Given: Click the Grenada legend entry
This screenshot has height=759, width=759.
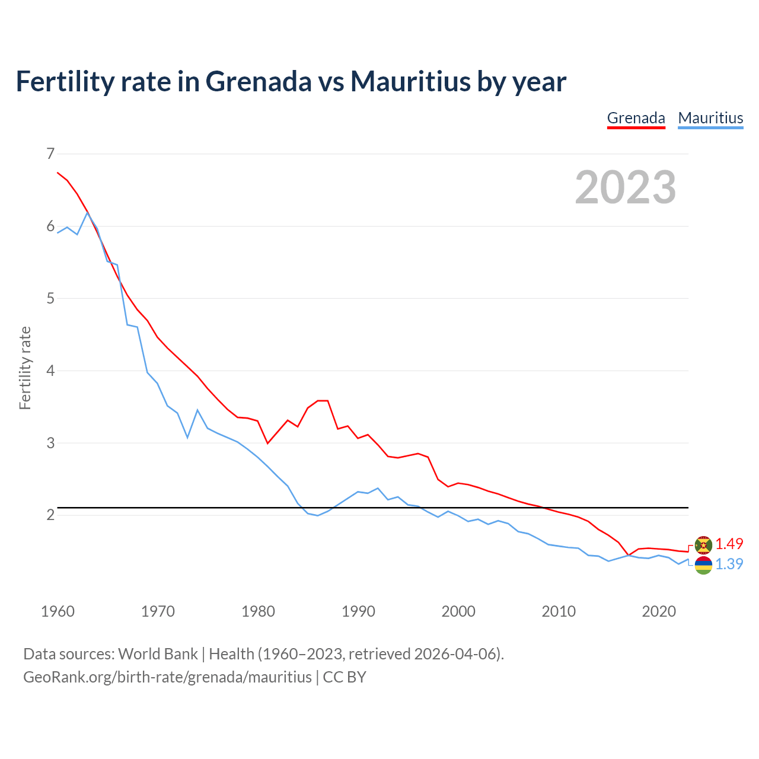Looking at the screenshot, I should click(x=636, y=118).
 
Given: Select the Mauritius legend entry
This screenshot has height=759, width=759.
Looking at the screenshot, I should click(x=710, y=118).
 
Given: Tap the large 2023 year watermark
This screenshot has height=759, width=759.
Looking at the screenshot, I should click(x=625, y=187).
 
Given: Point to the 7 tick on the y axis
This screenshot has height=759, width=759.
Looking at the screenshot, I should click(x=50, y=154).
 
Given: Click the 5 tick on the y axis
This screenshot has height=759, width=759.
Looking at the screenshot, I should click(x=50, y=298).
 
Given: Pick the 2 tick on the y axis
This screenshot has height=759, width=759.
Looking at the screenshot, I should click(x=50, y=515).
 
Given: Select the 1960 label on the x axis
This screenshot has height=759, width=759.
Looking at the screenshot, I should click(x=58, y=611).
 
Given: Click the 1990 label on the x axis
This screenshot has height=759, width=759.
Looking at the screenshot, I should click(x=358, y=611).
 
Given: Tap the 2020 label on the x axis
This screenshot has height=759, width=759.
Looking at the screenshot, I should click(x=659, y=611).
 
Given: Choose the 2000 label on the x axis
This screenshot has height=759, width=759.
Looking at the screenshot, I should click(x=458, y=611).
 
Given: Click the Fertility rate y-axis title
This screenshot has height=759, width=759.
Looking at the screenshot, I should click(x=25, y=368).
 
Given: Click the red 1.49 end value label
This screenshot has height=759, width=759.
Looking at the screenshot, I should click(x=729, y=544).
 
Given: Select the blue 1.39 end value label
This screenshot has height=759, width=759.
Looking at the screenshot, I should click(x=729, y=564).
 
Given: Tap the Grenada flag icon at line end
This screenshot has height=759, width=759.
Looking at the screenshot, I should click(x=703, y=544).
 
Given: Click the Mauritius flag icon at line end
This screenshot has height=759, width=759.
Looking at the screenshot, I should click(x=703, y=565).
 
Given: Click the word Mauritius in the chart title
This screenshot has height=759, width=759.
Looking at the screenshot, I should click(x=410, y=81).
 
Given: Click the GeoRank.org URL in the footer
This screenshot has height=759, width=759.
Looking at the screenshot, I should click(x=167, y=677).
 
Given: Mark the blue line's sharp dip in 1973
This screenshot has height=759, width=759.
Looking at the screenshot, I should click(x=187, y=438).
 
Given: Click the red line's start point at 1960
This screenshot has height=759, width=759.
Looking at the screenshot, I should click(x=58, y=173).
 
